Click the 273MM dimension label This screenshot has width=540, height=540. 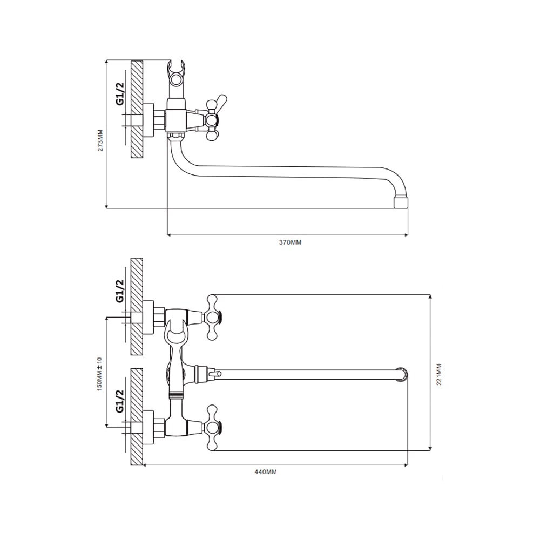tap(100, 140)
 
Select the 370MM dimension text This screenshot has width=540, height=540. tap(290, 242)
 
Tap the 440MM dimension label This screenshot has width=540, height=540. tap(266, 472)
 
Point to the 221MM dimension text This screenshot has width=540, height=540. tap(438, 374)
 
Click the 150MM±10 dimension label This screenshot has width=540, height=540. tap(100, 374)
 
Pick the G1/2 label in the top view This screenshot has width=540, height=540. tap(120, 94)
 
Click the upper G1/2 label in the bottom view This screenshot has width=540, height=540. tap(120, 291)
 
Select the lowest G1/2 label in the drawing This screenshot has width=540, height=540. tap(120, 401)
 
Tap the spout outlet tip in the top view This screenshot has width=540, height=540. tap(401, 202)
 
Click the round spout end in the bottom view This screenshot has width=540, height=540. tap(402, 374)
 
